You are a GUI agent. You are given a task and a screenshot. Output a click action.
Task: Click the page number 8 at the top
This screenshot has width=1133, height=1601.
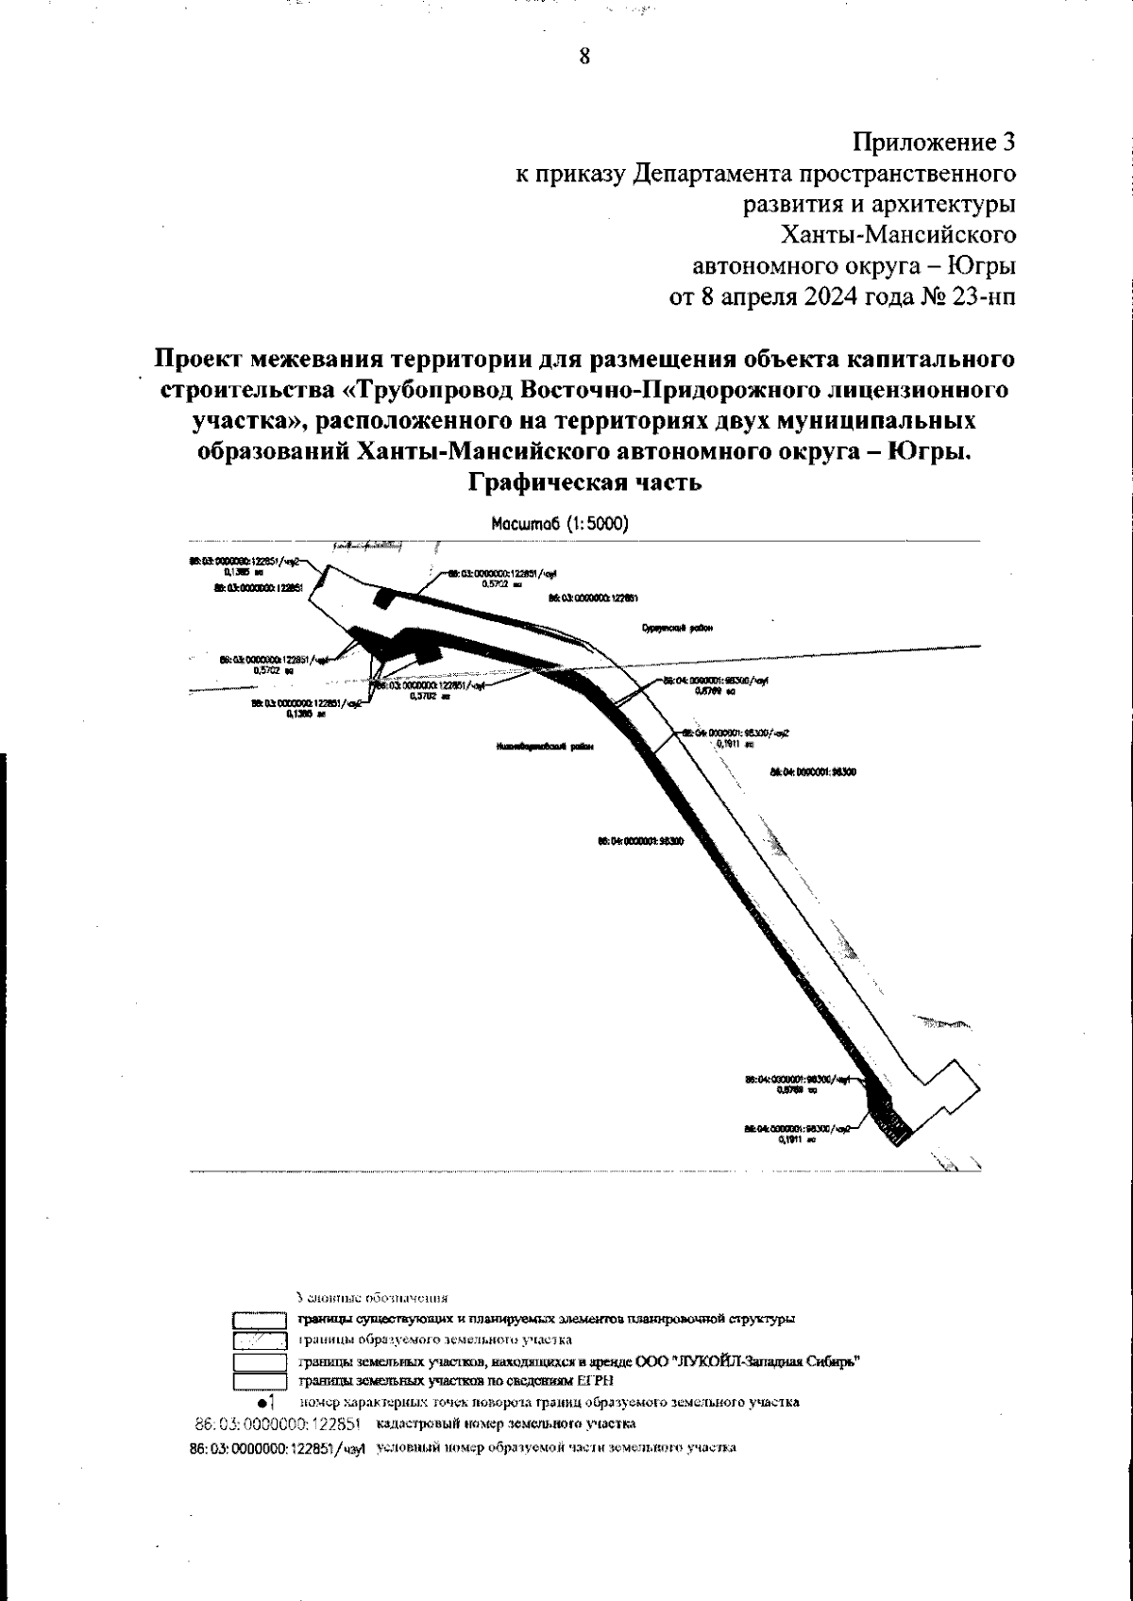point(584,57)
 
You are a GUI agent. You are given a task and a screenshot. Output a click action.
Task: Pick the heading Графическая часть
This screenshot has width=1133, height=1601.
point(584,482)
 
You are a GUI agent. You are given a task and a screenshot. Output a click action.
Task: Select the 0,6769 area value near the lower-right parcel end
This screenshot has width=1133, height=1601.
point(788,1089)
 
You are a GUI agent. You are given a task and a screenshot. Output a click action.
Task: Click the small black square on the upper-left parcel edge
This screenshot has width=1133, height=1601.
point(383,598)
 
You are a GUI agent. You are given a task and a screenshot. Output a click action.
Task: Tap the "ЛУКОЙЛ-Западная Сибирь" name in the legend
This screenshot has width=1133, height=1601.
point(759,1360)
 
